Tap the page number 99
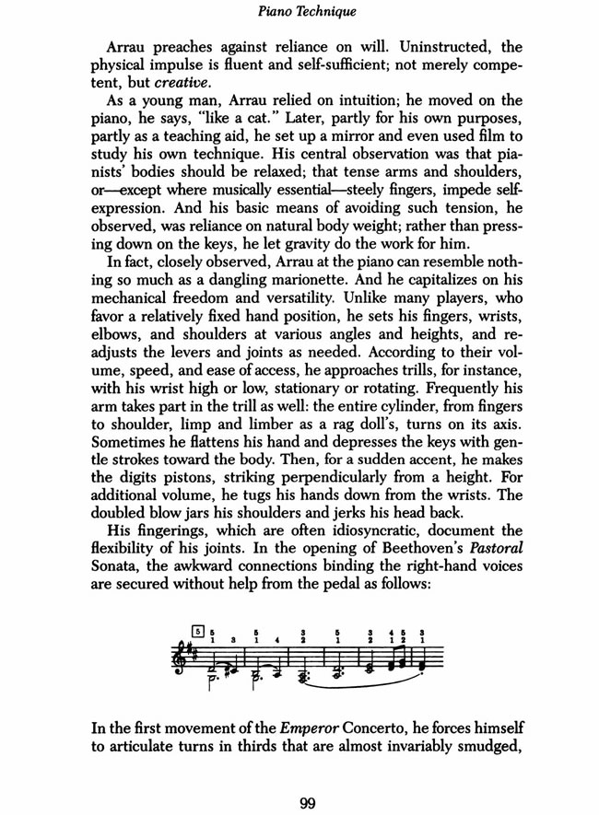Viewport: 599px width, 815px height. [x=309, y=803]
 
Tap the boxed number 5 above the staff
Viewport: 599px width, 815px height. [x=198, y=631]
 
